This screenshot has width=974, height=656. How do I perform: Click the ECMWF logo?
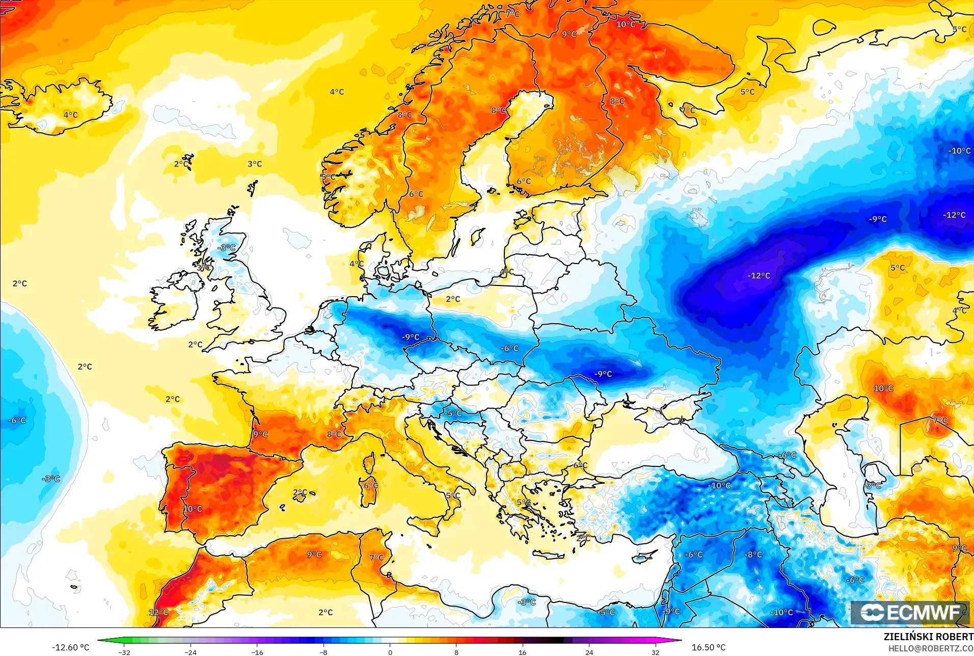tap(910, 612)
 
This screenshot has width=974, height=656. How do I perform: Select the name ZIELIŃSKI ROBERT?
tap(928, 637)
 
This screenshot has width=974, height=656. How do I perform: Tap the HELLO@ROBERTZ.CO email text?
tap(931, 648)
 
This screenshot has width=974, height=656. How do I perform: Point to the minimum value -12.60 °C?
tap(70, 647)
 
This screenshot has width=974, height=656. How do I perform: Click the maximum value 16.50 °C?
tap(708, 647)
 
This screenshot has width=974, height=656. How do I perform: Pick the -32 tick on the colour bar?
tap(124, 652)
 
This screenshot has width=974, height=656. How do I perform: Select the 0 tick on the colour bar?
tap(390, 652)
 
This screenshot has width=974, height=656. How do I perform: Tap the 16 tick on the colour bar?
tap(523, 652)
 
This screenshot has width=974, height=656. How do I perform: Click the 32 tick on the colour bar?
tap(655, 652)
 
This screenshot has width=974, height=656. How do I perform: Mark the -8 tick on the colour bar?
tap(323, 652)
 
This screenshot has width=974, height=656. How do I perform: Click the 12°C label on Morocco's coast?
tap(158, 612)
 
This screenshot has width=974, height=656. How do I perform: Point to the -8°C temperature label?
tap(753, 555)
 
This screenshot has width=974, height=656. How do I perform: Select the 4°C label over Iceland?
tap(71, 115)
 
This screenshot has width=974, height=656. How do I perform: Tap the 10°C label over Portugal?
tap(193, 509)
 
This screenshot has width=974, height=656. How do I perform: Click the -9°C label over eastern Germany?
tap(411, 337)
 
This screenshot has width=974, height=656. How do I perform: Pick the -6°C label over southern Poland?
tap(510, 348)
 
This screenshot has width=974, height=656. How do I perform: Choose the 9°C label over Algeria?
tap(314, 555)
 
